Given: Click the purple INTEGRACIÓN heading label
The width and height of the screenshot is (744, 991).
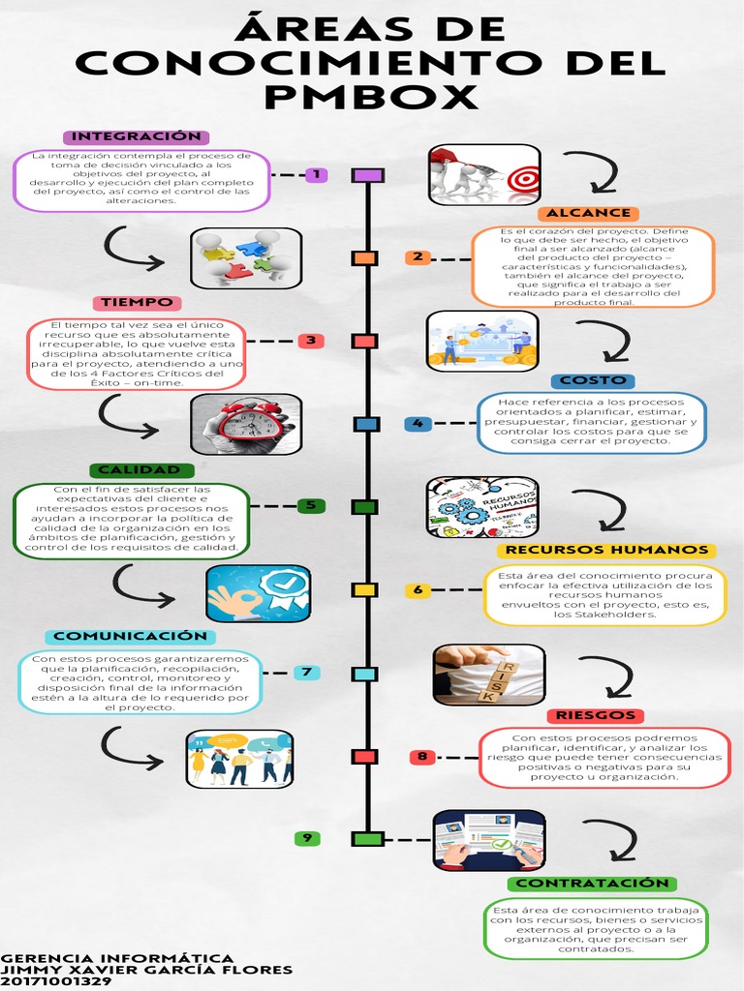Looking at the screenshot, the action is [x=137, y=136].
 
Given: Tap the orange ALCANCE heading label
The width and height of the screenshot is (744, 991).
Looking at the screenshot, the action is [x=588, y=213].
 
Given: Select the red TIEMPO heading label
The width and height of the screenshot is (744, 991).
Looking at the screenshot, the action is [x=137, y=303].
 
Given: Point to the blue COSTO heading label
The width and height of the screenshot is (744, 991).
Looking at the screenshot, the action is [x=592, y=381].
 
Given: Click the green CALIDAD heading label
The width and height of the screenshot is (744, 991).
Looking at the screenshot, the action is [x=139, y=470].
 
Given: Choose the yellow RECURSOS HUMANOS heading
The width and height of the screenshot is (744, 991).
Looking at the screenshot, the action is [x=606, y=550].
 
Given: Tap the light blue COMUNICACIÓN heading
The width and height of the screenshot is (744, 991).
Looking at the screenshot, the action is [x=131, y=636].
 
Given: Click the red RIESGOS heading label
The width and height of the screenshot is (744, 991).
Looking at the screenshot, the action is [x=596, y=715].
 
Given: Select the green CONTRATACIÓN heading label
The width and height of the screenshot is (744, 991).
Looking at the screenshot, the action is [x=592, y=884].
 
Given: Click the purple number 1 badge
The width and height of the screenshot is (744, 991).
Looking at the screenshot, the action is [x=316, y=175].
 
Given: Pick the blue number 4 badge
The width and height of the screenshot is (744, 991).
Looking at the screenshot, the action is [x=418, y=424].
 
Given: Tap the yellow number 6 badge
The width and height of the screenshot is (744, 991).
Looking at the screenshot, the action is [x=418, y=589].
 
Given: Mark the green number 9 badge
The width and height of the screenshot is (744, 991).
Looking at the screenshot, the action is [x=307, y=838].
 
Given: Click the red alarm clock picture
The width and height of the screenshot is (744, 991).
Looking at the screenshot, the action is [x=247, y=424].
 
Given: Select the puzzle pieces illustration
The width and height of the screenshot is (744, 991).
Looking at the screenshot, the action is [x=246, y=258].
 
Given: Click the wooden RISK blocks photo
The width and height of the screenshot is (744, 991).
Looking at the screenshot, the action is [x=488, y=674].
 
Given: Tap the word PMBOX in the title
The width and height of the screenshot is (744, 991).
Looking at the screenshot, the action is [x=372, y=96].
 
